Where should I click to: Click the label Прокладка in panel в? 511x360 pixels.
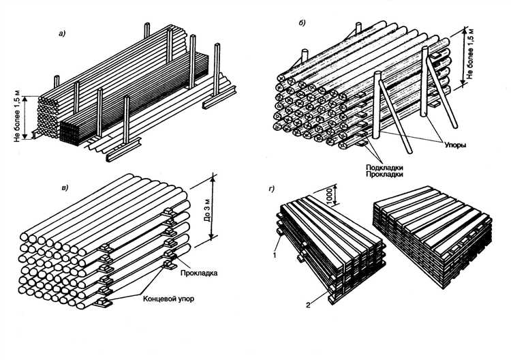(198, 273)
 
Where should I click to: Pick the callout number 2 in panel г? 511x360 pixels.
(308, 305)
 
